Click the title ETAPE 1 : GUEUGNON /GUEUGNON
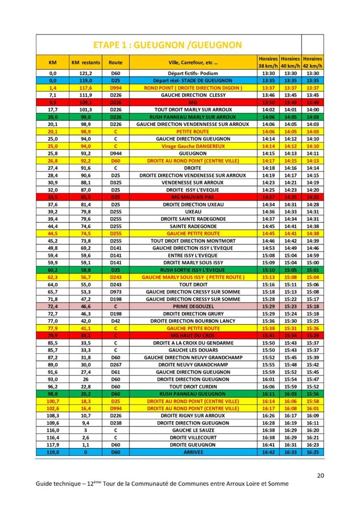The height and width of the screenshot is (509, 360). click(167, 45)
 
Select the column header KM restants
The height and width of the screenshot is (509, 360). click(85, 62)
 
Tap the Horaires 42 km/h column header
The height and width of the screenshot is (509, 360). click(313, 62)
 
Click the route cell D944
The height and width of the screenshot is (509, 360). click(116, 153)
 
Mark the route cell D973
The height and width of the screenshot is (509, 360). click(116, 292)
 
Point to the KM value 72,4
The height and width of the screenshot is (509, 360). click(53, 306)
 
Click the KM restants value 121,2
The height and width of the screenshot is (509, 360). click(85, 73)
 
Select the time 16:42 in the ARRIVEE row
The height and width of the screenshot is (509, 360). click(268, 452)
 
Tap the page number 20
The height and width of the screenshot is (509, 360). click(320, 475)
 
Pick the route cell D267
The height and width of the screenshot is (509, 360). click(116, 365)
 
